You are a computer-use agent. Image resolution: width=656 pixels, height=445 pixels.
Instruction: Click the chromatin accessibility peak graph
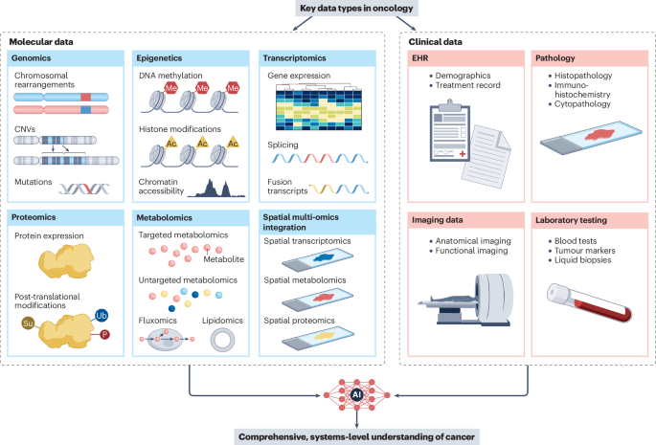pos(212,187)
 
